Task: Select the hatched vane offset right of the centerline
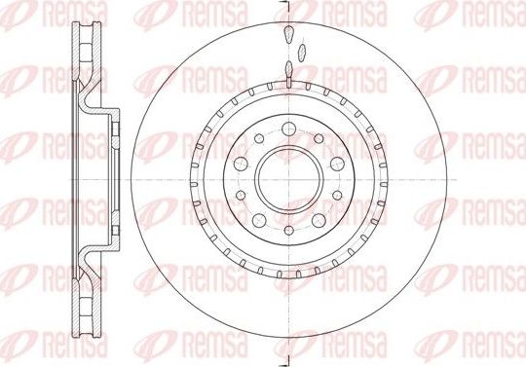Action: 303,50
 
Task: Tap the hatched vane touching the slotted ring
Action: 288,67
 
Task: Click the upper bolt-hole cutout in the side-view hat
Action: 115,136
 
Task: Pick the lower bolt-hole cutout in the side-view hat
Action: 115,228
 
